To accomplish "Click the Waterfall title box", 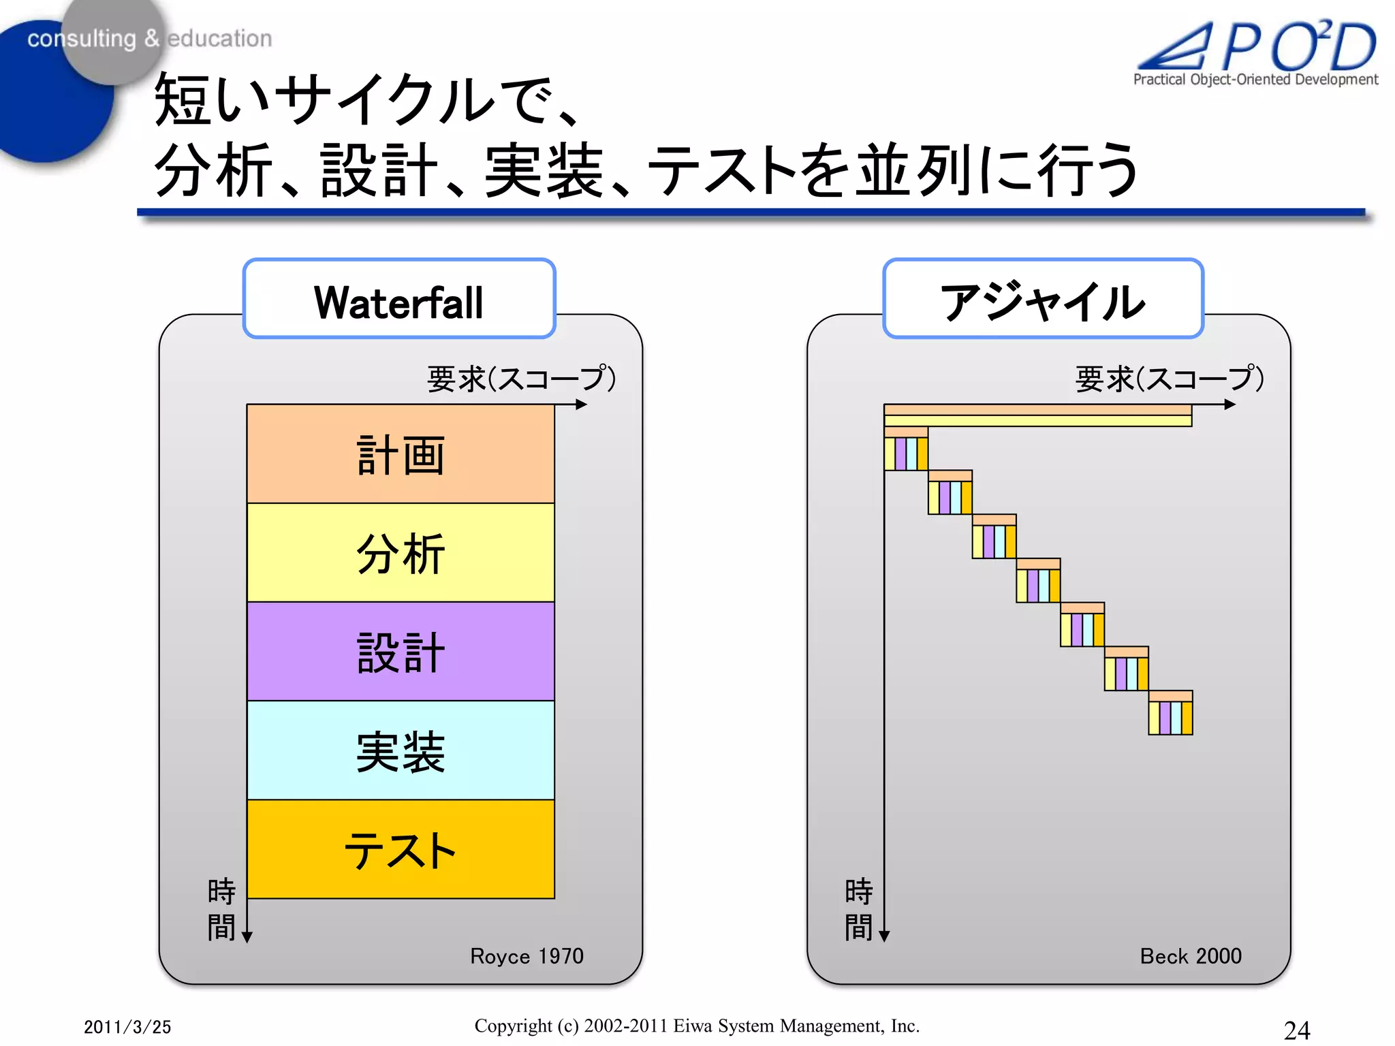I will pyautogui.click(x=399, y=299).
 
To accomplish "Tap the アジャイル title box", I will pyautogui.click(x=1043, y=299).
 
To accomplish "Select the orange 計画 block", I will pyautogui.click(x=401, y=454).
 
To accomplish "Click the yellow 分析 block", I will pyautogui.click(x=401, y=553).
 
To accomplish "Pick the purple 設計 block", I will pyautogui.click(x=401, y=652).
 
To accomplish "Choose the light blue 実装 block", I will pyautogui.click(x=401, y=750).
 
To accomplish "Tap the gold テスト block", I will pyautogui.click(x=401, y=849).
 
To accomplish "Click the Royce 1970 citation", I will pyautogui.click(x=527, y=956).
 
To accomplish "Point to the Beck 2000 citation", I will pyautogui.click(x=1191, y=956).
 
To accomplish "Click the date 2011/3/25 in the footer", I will pyautogui.click(x=127, y=1027).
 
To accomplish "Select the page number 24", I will pyautogui.click(x=1296, y=1030).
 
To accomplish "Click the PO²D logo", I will pyautogui.click(x=1260, y=46).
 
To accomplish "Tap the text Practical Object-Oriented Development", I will pyautogui.click(x=1255, y=80).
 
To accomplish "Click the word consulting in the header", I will pyautogui.click(x=81, y=39).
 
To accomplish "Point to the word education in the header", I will pyautogui.click(x=219, y=39).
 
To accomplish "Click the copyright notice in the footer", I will pyautogui.click(x=697, y=1026).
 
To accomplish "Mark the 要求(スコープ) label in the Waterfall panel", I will pyautogui.click(x=521, y=379).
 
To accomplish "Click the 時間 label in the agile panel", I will pyautogui.click(x=858, y=909).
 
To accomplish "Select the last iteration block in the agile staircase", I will pyautogui.click(x=1170, y=713).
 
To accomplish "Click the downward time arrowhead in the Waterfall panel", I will pyautogui.click(x=247, y=937).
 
